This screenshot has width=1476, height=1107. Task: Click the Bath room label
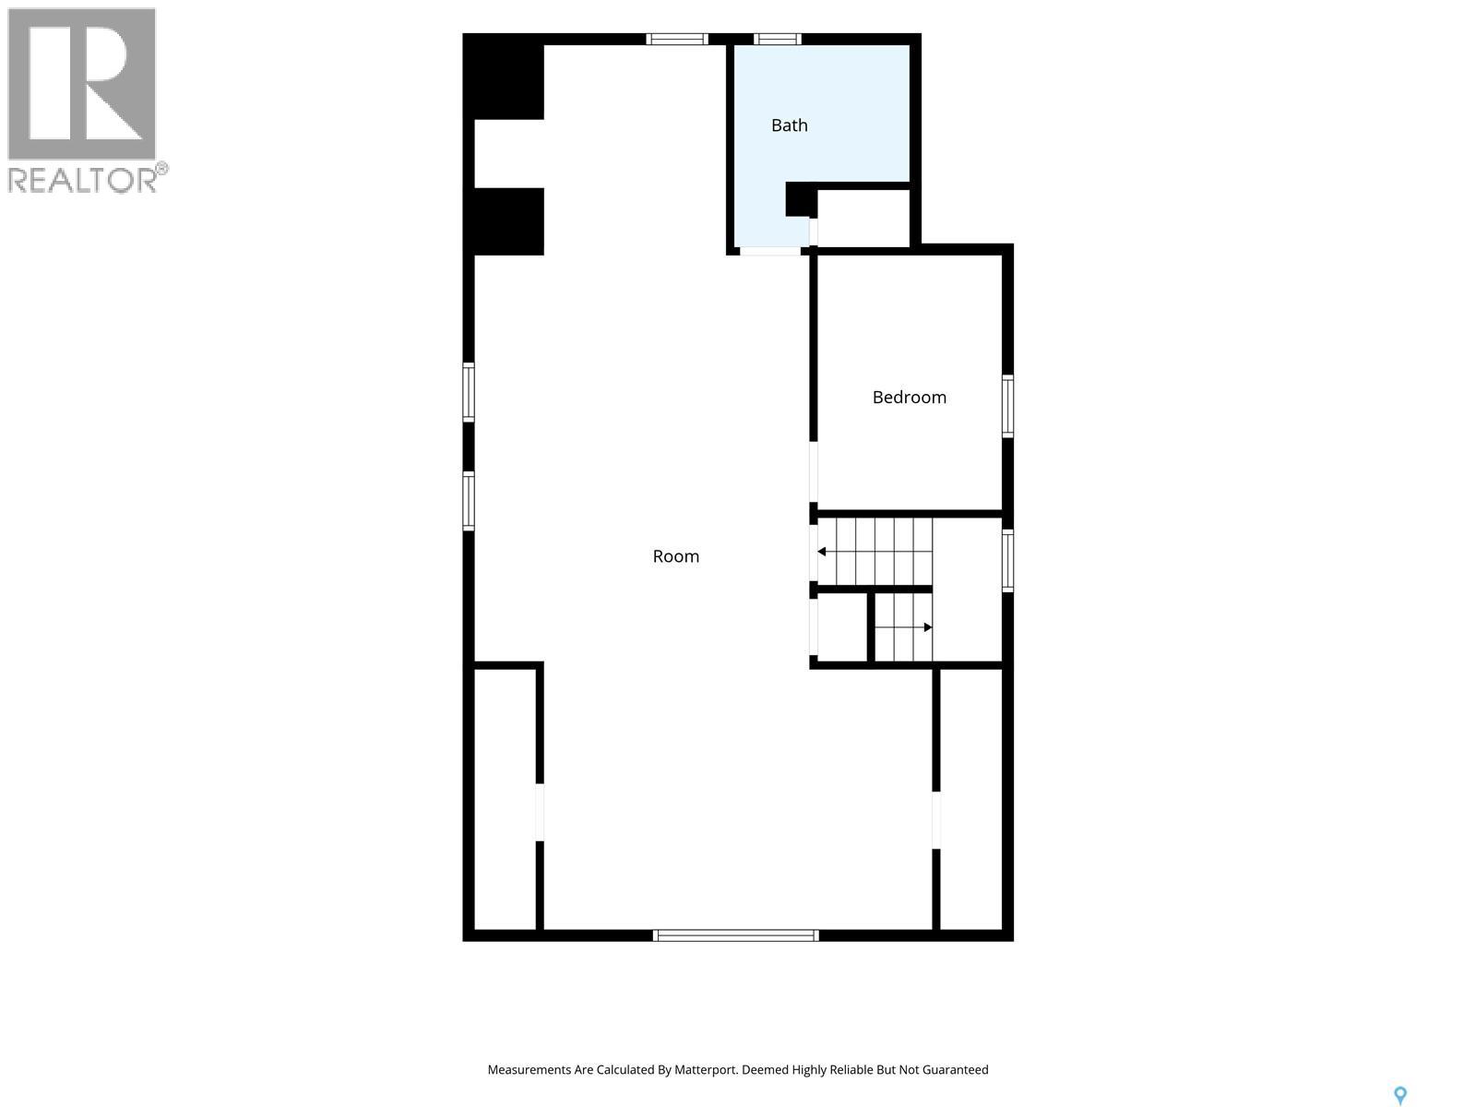pyautogui.click(x=789, y=125)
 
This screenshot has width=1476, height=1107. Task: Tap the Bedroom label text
pyautogui.click(x=910, y=398)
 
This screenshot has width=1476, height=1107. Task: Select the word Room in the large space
pyautogui.click(x=676, y=556)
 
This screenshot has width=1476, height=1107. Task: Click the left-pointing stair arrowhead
pyautogui.click(x=822, y=552)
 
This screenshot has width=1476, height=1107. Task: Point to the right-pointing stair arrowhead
pyautogui.click(x=928, y=627)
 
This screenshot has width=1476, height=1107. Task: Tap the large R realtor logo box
pyautogui.click(x=81, y=83)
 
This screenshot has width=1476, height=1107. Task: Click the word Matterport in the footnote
pyautogui.click(x=703, y=1069)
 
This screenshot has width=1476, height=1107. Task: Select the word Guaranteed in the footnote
pyautogui.click(x=955, y=1069)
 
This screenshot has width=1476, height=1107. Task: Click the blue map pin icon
pyautogui.click(x=1400, y=1095)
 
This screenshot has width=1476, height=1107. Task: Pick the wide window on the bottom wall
pyautogui.click(x=735, y=934)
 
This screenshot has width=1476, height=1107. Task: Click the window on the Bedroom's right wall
pyautogui.click(x=1007, y=406)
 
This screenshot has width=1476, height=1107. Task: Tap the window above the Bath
pyautogui.click(x=777, y=39)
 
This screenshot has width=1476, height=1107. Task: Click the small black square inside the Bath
pyautogui.click(x=801, y=199)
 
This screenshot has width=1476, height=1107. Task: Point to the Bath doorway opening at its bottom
pyautogui.click(x=770, y=251)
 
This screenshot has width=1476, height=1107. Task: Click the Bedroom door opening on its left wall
pyautogui.click(x=813, y=471)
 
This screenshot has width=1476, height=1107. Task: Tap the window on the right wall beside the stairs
pyautogui.click(x=1007, y=561)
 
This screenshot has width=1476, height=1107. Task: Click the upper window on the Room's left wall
pyautogui.click(x=469, y=393)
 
